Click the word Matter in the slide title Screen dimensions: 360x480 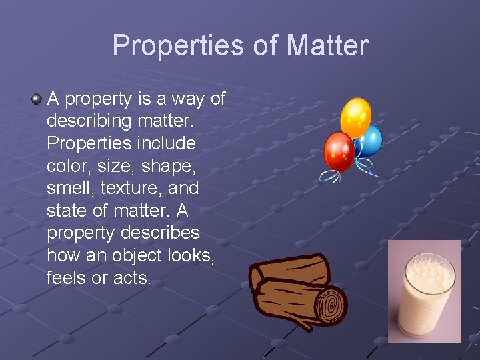coord(327,46)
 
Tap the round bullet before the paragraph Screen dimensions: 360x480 coord(36,99)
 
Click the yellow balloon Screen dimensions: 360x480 coord(355,117)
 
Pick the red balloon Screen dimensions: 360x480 coord(338,151)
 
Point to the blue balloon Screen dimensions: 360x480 coord(369,141)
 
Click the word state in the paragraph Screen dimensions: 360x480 coord(66,211)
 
